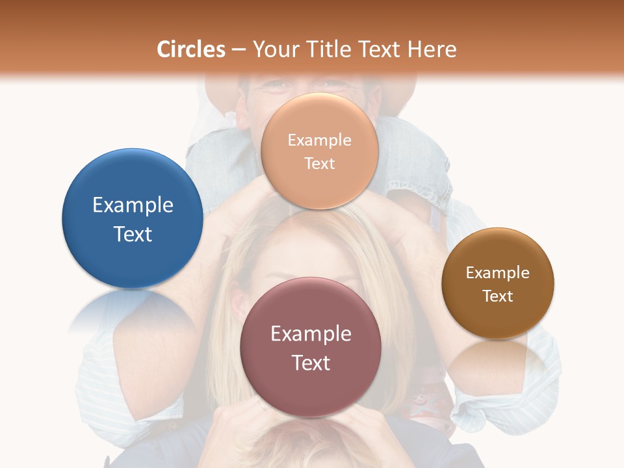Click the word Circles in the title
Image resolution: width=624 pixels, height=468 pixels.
191,49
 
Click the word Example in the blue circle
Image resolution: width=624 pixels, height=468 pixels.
133,205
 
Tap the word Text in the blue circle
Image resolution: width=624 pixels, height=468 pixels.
133,234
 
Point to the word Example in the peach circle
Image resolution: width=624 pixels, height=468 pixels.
319,140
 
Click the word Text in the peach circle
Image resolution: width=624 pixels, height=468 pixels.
319,163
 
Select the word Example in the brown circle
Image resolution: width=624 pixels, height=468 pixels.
497,272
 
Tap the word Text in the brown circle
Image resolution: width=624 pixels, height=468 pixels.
497,296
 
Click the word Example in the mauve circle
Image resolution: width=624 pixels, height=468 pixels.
311,334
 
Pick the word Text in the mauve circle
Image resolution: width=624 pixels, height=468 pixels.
311,363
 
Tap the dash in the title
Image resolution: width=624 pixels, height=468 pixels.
239,50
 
